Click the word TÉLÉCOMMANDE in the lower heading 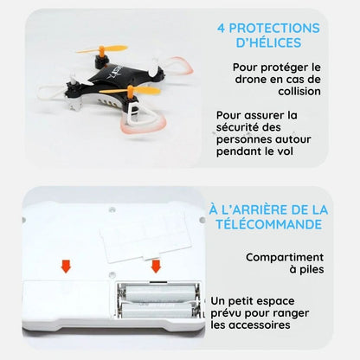[x=268, y=225]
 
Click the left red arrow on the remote [x=65, y=263]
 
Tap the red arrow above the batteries [x=157, y=264]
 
